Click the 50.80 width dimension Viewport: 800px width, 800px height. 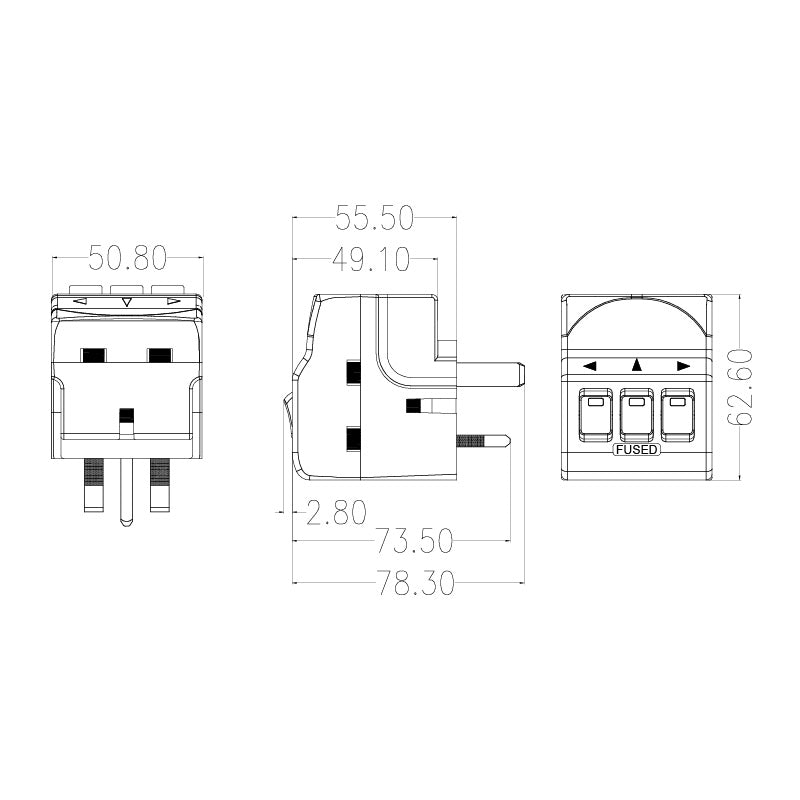click(x=127, y=258)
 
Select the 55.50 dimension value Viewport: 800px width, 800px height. click(x=375, y=217)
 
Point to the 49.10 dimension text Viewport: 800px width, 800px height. click(x=371, y=260)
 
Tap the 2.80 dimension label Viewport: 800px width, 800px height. click(x=337, y=514)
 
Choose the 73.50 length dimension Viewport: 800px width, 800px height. click(x=414, y=542)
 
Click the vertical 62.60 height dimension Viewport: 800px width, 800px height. click(x=741, y=387)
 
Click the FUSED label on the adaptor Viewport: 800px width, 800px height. click(x=636, y=449)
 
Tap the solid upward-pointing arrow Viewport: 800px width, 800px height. click(x=636, y=366)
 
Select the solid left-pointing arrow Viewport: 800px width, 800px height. click(x=590, y=367)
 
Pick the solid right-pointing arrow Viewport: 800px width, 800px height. click(x=683, y=367)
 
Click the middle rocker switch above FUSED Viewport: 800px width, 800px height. click(x=636, y=413)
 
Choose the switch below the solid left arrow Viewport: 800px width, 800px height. click(x=595, y=413)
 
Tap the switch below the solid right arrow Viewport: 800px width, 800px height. click(x=678, y=413)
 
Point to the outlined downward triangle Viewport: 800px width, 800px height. click(x=127, y=300)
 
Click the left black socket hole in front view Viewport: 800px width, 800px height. click(x=94, y=355)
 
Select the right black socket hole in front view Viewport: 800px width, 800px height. click(x=160, y=355)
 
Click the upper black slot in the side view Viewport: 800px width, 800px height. click(x=352, y=372)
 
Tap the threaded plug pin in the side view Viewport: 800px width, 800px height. click(x=482, y=440)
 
